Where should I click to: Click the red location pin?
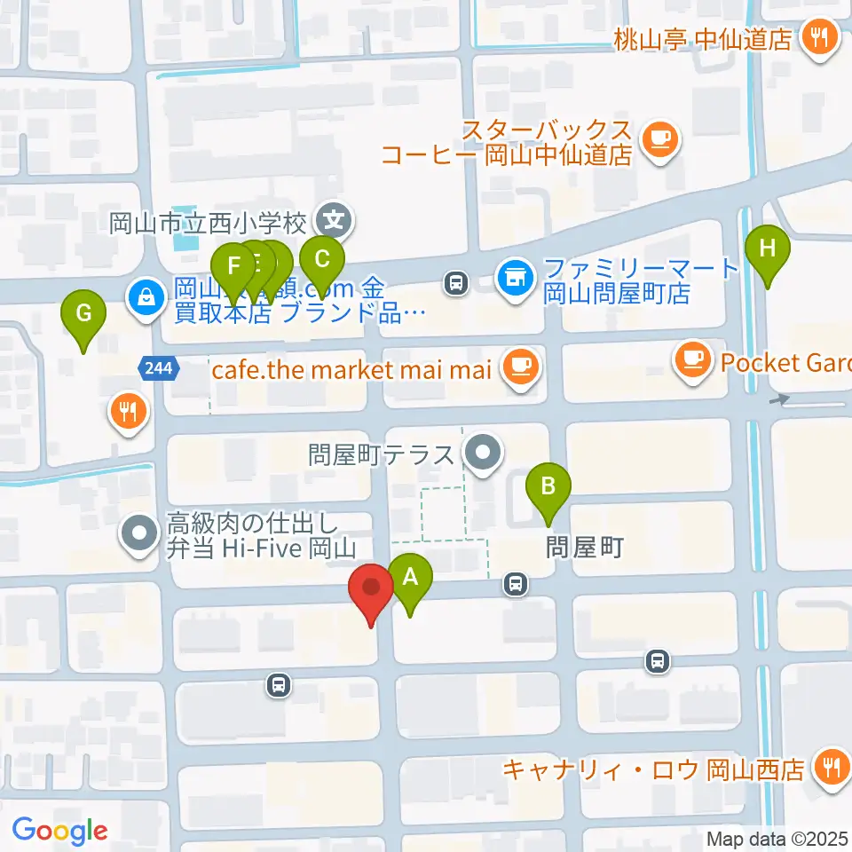372,588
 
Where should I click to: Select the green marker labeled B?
548,487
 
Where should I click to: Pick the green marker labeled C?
321,260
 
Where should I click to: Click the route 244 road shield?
161,366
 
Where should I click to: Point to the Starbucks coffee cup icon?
659,139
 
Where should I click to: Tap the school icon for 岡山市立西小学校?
335,217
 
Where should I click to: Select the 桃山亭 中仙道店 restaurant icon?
819,38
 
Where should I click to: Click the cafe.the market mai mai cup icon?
519,366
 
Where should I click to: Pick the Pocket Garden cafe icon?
693,359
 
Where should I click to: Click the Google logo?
59,831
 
